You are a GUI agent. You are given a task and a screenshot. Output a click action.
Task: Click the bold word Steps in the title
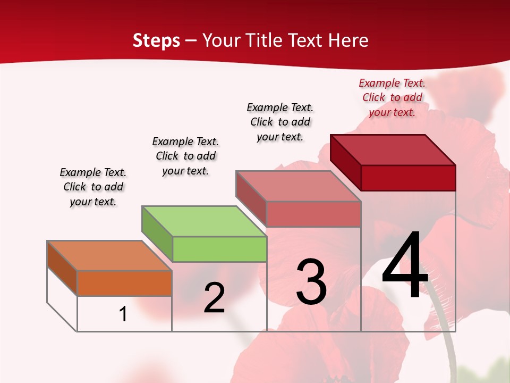[x=156, y=40]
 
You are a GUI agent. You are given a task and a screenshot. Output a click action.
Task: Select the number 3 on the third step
[x=311, y=282]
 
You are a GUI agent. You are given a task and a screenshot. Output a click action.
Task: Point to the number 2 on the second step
[x=214, y=298]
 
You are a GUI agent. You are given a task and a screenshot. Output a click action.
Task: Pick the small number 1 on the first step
[x=123, y=314]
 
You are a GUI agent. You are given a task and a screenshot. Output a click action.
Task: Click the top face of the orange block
[x=109, y=255]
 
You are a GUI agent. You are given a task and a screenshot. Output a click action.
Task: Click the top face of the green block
[x=204, y=221]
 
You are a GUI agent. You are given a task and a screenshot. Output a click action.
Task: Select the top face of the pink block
[x=298, y=186]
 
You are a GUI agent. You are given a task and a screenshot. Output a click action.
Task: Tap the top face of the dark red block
[x=393, y=149]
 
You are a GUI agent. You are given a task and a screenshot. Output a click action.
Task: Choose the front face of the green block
[x=219, y=249]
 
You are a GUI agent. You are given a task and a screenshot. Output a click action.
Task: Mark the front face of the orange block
[x=124, y=283]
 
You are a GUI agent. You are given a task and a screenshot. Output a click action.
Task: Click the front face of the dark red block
[x=408, y=178]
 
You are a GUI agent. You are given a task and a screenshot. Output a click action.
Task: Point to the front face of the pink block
[x=313, y=214]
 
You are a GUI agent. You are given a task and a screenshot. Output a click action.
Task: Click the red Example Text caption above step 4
[x=392, y=97]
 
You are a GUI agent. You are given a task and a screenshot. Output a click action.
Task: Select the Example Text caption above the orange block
[x=93, y=187]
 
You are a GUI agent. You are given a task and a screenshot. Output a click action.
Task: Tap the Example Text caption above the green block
[x=185, y=156]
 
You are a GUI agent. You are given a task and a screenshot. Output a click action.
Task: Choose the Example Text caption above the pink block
[x=280, y=122]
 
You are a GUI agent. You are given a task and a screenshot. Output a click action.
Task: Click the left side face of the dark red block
[x=345, y=162]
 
